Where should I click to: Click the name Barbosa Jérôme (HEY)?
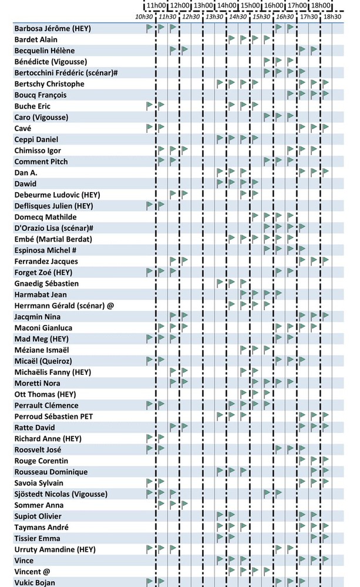pos(52,28)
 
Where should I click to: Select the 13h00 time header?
pos(203,5)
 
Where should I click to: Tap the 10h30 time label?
pos(144,16)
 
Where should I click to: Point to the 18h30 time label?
pos(332,16)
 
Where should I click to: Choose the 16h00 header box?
pos(274,5)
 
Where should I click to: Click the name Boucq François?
pos(41,95)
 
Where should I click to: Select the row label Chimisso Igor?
pos(38,150)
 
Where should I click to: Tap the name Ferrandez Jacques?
pos(46,261)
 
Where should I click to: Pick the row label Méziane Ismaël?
pos(42,350)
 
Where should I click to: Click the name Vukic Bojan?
pos(35,582)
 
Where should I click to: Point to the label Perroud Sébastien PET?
pos(53,417)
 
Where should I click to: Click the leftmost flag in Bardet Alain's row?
pos(231,39)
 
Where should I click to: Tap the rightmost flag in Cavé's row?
pos(325,128)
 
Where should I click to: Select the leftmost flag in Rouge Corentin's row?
pos(302,460)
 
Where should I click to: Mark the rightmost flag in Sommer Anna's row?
pos(184,504)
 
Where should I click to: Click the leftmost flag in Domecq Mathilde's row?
pos(255,216)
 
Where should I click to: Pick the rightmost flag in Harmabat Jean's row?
pos(278,294)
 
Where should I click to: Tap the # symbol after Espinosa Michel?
pos(74,250)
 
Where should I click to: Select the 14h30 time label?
pos(238,16)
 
